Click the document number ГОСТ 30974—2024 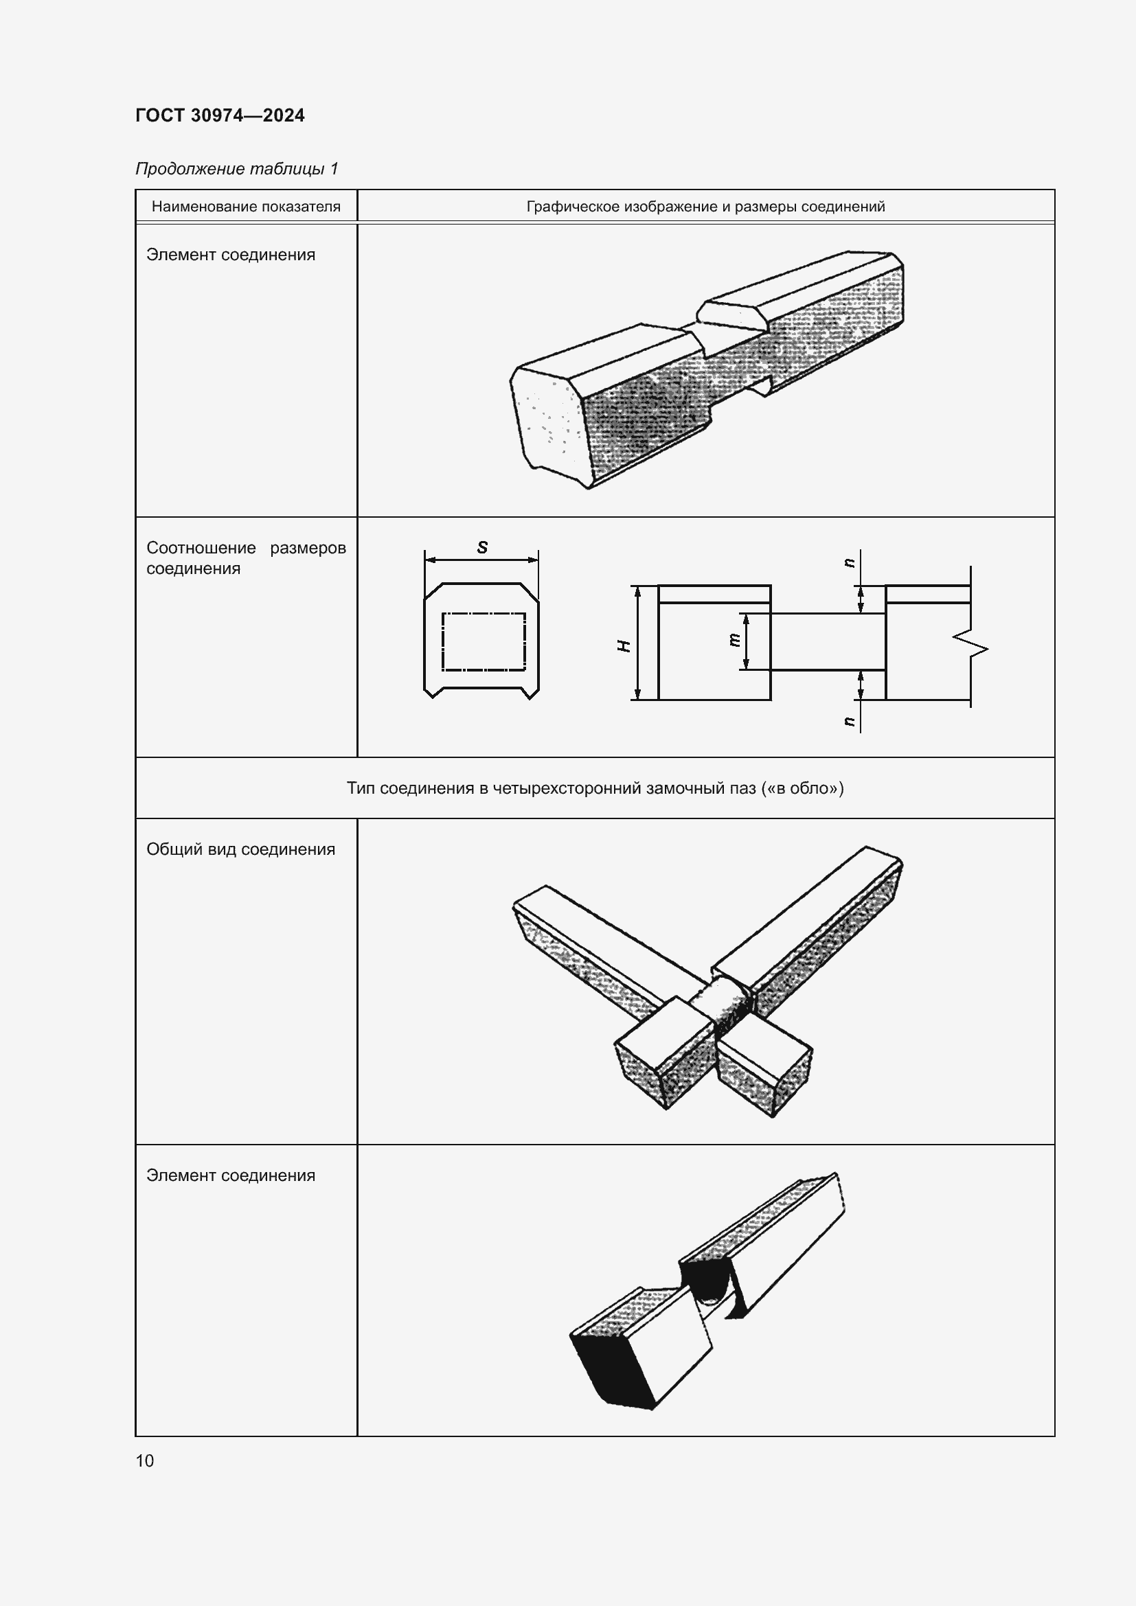click(220, 115)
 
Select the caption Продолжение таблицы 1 click(236, 169)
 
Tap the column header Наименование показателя click(245, 207)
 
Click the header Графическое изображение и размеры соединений click(705, 207)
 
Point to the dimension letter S click(482, 548)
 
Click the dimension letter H click(624, 645)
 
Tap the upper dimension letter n click(850, 562)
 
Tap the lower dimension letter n click(850, 721)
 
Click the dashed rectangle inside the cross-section click(483, 641)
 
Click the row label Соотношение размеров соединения click(245, 558)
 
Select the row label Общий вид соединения click(240, 849)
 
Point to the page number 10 click(145, 1460)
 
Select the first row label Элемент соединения click(230, 255)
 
